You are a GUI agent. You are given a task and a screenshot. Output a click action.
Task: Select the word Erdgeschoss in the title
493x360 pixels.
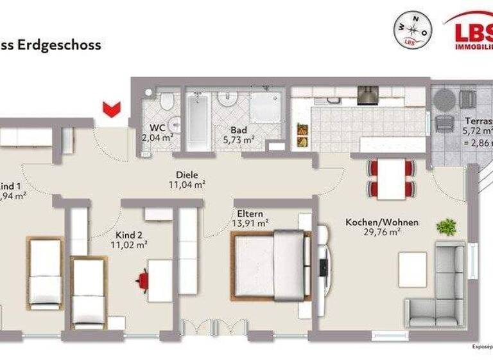[x=62, y=45]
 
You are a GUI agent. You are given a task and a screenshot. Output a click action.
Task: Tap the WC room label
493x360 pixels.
[x=157, y=127]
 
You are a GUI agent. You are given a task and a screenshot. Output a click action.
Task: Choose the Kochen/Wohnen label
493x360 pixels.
[x=381, y=222]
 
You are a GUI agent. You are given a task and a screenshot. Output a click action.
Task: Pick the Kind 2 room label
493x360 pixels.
[x=131, y=235]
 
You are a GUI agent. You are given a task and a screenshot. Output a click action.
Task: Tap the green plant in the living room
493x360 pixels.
[x=445, y=226]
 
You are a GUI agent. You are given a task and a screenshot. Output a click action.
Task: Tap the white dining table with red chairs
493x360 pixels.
[x=391, y=178]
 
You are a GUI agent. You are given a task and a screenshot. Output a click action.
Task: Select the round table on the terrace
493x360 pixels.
[x=443, y=100]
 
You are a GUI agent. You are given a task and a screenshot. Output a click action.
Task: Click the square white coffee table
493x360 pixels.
[x=412, y=269]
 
